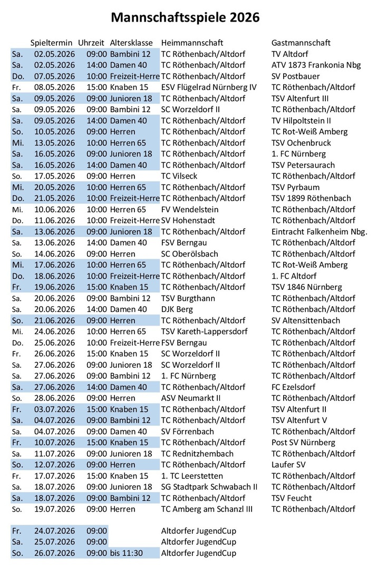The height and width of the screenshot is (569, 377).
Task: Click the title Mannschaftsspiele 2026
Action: click(186, 18)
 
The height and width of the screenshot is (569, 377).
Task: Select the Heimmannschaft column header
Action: click(192, 43)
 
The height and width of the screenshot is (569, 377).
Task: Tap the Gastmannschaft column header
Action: click(301, 43)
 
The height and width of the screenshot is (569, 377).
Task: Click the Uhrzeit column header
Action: click(92, 43)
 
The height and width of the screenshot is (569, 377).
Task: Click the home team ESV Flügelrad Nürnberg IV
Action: click(209, 87)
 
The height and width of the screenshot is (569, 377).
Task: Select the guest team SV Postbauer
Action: click(295, 76)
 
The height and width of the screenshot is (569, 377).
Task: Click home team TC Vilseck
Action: click(179, 176)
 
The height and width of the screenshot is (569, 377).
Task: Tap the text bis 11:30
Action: click(128, 553)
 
